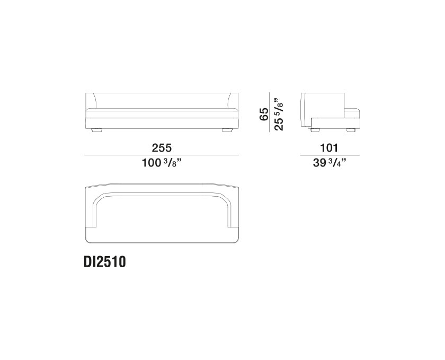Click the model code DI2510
click(x=104, y=262)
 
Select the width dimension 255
click(x=162, y=148)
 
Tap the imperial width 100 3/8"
click(x=162, y=163)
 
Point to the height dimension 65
click(x=264, y=114)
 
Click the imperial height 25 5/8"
click(x=279, y=114)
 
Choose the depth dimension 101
click(x=329, y=148)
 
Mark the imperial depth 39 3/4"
click(x=330, y=163)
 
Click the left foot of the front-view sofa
click(x=97, y=130)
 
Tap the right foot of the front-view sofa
click(x=227, y=130)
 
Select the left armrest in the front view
click(x=91, y=101)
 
